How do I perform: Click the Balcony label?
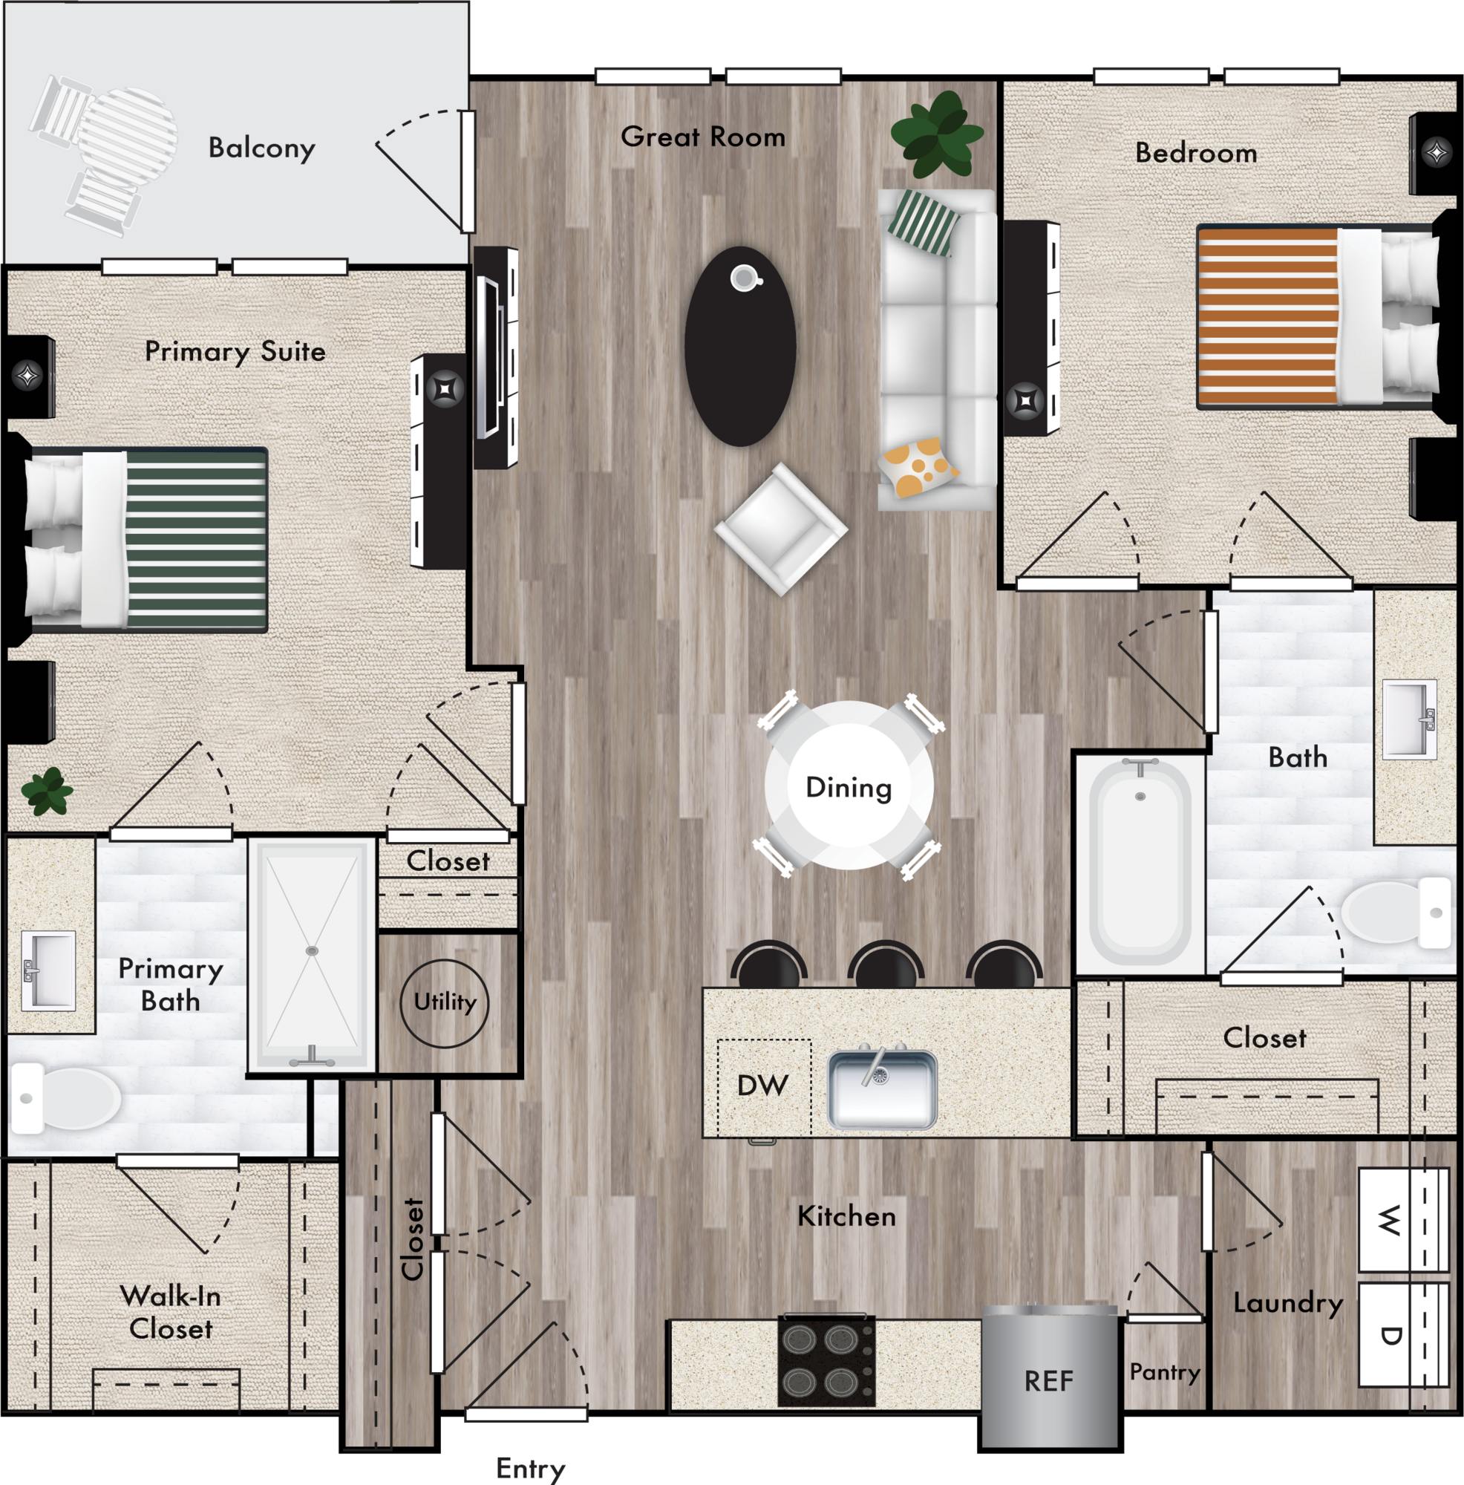261,148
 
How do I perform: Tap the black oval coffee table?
740,346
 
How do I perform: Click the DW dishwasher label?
762,1086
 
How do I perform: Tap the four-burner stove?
827,1362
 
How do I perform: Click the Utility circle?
444,1003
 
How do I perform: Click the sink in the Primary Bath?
48,970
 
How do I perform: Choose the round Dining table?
849,786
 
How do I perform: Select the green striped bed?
146,541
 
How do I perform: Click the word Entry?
530,1468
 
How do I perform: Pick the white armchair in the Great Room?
781,529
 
